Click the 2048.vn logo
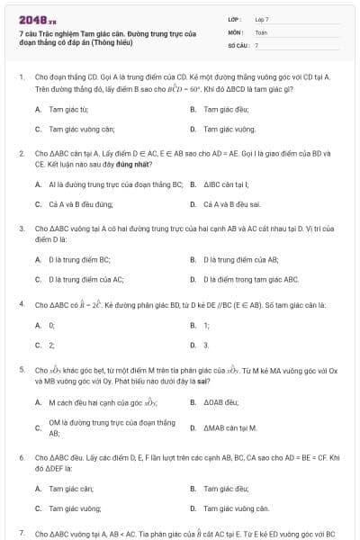click(31, 19)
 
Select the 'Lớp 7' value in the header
click(262, 19)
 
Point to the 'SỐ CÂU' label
click(238, 44)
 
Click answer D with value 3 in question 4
click(205, 345)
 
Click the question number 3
click(21, 229)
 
